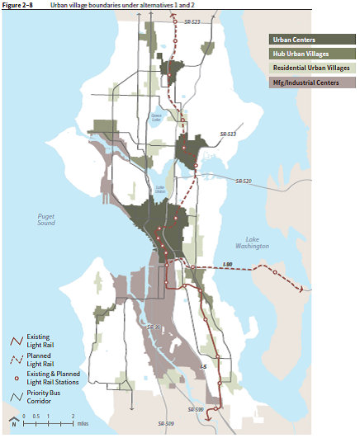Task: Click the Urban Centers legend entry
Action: tap(310, 39)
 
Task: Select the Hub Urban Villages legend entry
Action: tap(310, 54)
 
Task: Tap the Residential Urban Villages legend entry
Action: tap(310, 68)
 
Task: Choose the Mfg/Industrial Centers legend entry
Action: tap(310, 83)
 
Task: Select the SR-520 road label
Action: tap(244, 181)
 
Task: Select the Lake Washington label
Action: tap(251, 243)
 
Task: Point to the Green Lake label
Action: tap(155, 117)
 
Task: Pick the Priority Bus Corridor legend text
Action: tap(44, 396)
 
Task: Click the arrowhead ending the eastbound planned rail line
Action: tap(303, 288)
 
